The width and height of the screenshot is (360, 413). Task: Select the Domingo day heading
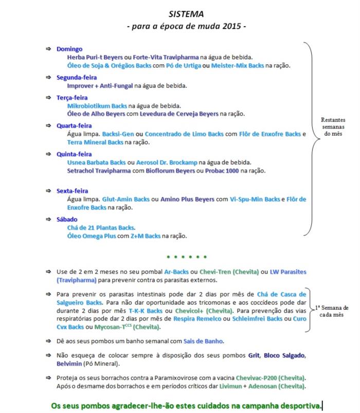69,49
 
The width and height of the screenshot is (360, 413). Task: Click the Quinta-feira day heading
74,154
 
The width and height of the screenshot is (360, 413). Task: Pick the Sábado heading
67,219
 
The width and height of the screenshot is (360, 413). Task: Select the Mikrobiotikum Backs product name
97,106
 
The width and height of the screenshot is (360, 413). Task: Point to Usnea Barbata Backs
96,162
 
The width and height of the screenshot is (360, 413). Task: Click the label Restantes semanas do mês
334,127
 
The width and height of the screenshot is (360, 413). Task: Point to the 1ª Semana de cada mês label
335,311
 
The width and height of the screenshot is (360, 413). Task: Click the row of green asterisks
187,257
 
